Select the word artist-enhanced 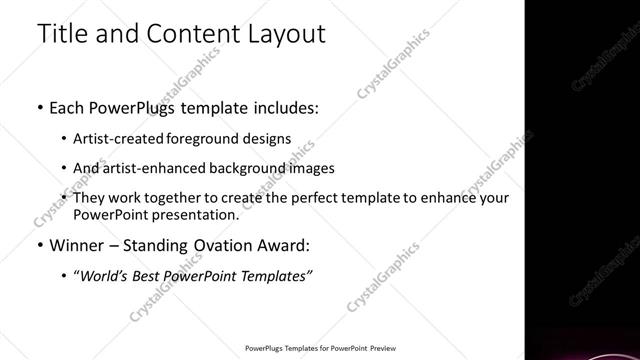(x=149, y=168)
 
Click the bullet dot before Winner (x=39, y=245)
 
